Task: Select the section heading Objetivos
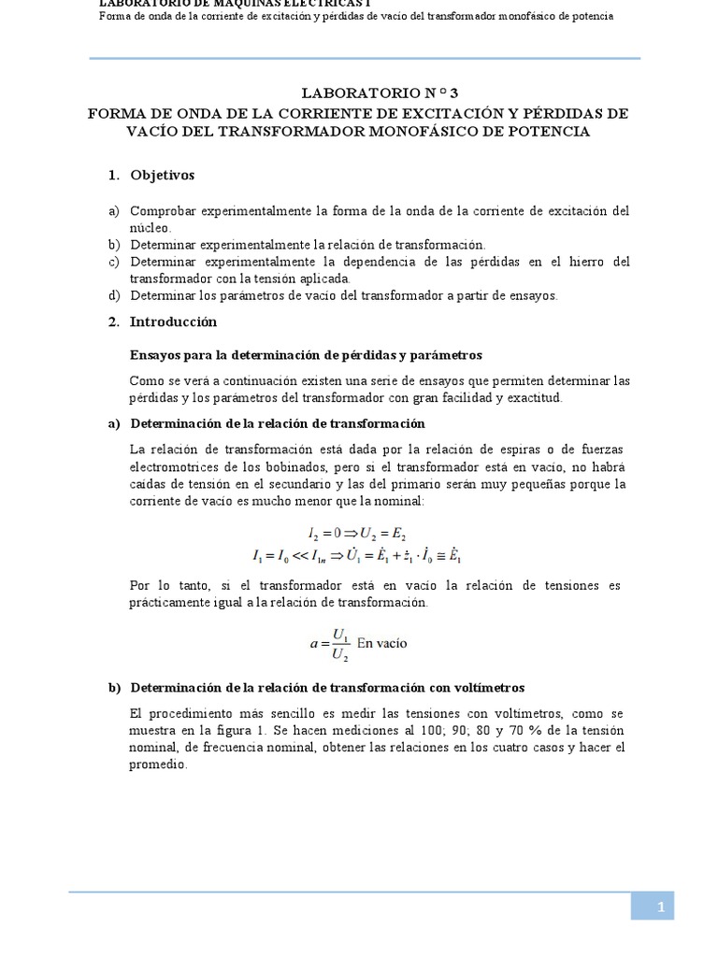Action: click(x=163, y=175)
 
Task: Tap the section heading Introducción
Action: click(x=173, y=321)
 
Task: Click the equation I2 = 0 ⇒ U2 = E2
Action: click(x=356, y=534)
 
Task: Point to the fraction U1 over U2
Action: click(x=340, y=643)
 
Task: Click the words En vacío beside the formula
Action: click(x=382, y=643)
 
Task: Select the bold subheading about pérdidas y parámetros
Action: click(x=305, y=355)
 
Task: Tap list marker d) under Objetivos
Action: click(x=114, y=295)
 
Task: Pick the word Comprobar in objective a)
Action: click(x=163, y=211)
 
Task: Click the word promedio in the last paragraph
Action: click(x=159, y=764)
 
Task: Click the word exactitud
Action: click(x=529, y=397)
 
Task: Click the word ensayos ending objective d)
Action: click(x=532, y=295)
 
